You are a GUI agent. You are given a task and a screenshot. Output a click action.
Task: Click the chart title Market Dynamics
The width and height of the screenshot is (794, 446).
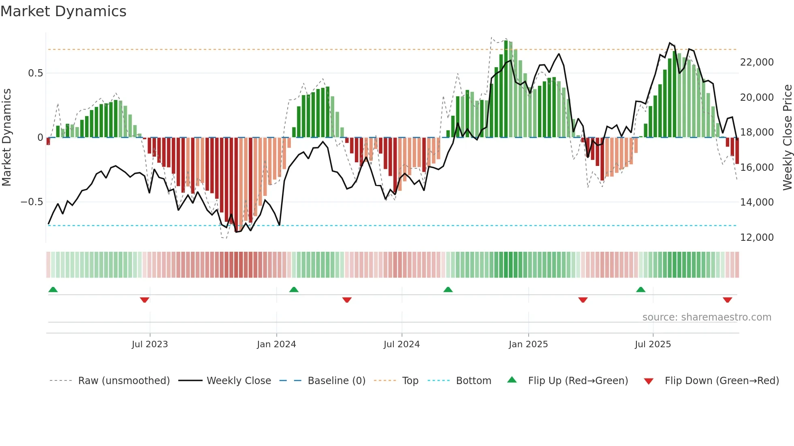click(63, 11)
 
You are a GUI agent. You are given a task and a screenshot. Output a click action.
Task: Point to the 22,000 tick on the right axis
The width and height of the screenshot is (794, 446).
click(756, 62)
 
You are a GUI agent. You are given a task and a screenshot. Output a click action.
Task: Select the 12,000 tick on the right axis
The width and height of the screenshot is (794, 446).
click(756, 238)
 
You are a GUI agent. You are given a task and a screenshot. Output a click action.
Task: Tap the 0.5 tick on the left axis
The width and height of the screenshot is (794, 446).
click(35, 73)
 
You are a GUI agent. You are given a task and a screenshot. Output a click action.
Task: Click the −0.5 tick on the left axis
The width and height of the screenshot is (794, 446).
click(32, 202)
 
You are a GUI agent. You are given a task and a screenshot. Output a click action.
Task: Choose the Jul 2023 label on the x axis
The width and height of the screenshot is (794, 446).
click(149, 344)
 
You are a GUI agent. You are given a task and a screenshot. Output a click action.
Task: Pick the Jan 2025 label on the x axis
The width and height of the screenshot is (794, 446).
click(528, 344)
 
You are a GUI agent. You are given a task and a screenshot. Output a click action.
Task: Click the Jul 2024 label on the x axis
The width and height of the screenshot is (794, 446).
click(401, 344)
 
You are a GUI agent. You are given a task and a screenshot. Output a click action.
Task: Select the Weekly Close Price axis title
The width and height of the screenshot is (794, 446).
click(787, 138)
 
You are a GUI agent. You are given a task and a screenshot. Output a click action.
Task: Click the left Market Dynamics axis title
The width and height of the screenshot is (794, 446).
click(6, 138)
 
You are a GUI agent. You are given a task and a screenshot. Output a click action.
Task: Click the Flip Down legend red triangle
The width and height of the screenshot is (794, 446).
click(648, 381)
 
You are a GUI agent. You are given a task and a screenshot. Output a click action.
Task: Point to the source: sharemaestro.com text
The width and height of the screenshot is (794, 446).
click(706, 317)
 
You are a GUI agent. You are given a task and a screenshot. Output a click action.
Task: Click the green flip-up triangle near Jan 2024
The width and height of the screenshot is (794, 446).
click(294, 289)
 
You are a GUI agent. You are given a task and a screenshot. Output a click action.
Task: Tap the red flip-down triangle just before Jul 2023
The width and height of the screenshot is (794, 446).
click(145, 300)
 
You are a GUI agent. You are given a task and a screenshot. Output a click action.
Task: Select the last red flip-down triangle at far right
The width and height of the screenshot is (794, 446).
click(727, 300)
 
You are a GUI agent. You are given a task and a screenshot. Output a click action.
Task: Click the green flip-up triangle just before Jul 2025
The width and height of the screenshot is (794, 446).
click(640, 289)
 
